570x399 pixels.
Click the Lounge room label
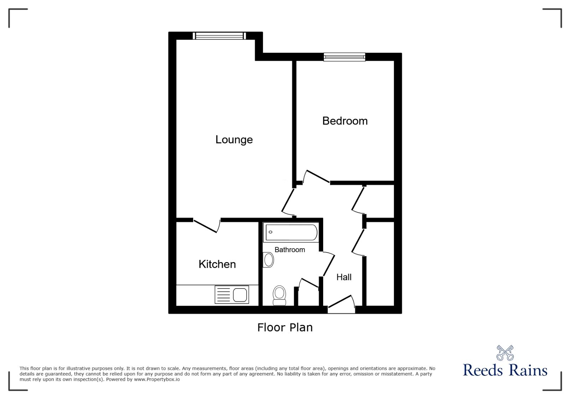click(234, 139)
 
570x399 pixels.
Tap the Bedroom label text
click(345, 121)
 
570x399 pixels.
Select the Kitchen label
click(217, 264)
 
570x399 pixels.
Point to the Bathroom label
click(290, 250)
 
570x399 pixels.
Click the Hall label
click(344, 277)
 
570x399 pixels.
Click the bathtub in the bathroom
click(291, 232)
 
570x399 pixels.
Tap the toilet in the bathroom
click(279, 295)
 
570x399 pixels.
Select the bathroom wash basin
click(268, 260)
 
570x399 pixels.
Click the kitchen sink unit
click(232, 295)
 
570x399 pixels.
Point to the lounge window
click(219, 36)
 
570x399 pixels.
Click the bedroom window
click(344, 57)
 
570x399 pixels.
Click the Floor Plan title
click(285, 327)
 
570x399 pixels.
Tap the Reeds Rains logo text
click(505, 370)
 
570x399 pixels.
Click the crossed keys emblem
click(505, 353)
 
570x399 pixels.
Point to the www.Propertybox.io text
click(157, 379)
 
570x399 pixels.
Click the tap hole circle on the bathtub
click(271, 232)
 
